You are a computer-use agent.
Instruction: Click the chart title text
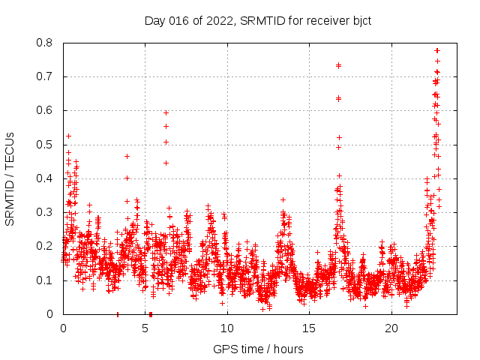[x=257, y=20]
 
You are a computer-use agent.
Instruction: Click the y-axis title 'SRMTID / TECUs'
[x=10, y=178]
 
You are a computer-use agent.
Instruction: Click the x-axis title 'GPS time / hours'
[x=258, y=349]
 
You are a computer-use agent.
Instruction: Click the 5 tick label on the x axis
[x=145, y=328]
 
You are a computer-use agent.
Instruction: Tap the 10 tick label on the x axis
[x=226, y=328]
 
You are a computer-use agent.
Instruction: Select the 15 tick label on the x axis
[x=309, y=328]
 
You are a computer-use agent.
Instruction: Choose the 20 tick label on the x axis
[x=391, y=328]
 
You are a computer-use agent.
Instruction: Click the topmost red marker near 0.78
[x=437, y=50]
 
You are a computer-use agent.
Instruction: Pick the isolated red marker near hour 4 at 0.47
[x=127, y=156]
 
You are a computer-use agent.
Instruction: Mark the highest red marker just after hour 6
[x=166, y=112]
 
